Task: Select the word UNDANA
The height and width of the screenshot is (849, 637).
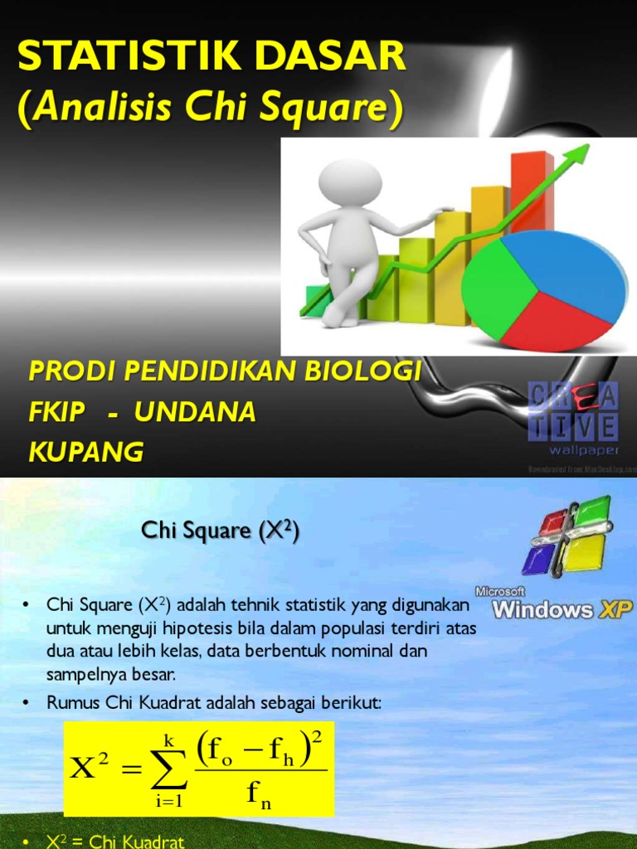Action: pyautogui.click(x=195, y=411)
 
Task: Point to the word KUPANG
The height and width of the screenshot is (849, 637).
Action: pyautogui.click(x=86, y=452)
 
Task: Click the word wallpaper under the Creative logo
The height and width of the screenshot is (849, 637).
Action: pyautogui.click(x=584, y=450)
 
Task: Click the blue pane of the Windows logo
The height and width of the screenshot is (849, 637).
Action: pyautogui.click(x=541, y=559)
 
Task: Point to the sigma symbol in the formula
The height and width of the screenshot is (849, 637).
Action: pyautogui.click(x=169, y=769)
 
